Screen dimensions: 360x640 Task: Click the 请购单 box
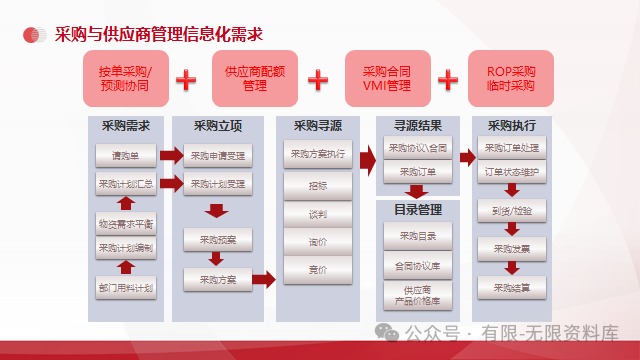125,155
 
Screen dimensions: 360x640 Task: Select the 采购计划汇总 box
125,184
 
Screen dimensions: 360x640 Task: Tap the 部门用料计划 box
125,288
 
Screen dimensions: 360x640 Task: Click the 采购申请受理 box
218,155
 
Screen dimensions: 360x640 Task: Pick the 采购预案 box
218,240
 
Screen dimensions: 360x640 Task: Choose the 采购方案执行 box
317,155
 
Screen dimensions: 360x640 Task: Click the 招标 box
317,187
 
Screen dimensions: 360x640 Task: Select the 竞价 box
317,269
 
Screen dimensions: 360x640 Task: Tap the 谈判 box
317,214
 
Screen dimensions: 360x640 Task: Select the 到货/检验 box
512,211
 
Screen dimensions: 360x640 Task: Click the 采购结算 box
512,288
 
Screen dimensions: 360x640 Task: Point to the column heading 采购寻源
319,127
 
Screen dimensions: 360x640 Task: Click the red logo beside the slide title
35,34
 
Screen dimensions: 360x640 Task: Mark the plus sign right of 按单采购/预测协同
186,79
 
